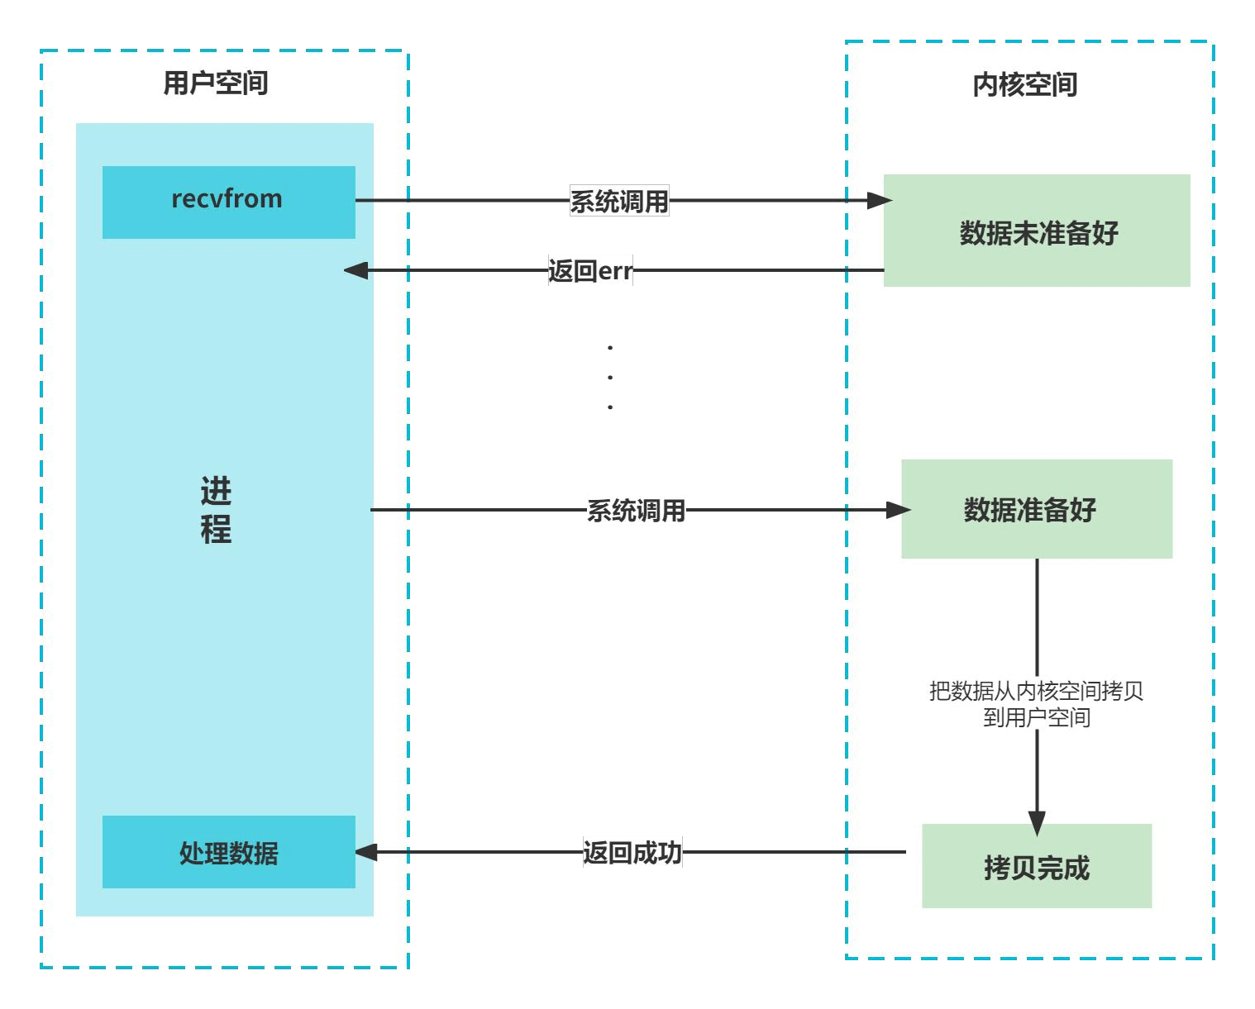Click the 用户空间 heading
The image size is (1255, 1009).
(x=215, y=83)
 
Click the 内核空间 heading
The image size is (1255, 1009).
(x=1024, y=84)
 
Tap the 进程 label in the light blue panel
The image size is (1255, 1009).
(x=216, y=510)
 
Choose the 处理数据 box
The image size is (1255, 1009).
(x=228, y=852)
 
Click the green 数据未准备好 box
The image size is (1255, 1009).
(x=1037, y=231)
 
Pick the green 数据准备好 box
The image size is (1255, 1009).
(x=1036, y=509)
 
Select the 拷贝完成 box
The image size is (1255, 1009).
(x=1036, y=866)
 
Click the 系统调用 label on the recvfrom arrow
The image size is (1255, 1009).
(x=618, y=201)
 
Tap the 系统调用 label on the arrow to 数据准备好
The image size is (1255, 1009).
(x=636, y=511)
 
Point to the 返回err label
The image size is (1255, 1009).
(x=590, y=270)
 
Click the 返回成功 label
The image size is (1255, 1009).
(x=632, y=852)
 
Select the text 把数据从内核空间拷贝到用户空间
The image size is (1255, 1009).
(x=1036, y=704)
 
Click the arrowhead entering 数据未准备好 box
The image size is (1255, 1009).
(x=880, y=200)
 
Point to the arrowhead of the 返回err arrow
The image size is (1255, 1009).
(x=356, y=270)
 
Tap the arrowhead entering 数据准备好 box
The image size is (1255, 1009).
(x=898, y=510)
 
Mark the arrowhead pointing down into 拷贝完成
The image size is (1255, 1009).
(x=1037, y=823)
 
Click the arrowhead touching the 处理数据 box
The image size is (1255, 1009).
(x=366, y=852)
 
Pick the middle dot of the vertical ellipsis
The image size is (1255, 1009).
(x=610, y=378)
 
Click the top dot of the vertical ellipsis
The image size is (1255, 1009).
(x=610, y=348)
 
